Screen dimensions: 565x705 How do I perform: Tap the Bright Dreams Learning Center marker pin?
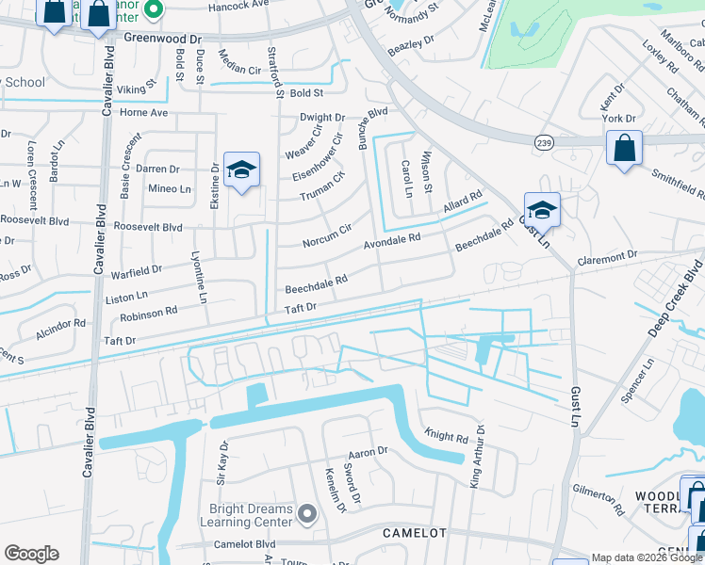[x=306, y=514]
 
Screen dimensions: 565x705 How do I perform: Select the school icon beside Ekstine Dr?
[x=241, y=170]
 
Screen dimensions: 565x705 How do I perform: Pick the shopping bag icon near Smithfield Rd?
[x=624, y=149]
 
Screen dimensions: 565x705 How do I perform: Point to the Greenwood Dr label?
[x=163, y=40]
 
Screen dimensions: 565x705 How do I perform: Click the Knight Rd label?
[x=446, y=438]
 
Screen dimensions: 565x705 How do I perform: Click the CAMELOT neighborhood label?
[x=413, y=533]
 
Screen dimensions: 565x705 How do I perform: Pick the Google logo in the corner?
[x=31, y=554]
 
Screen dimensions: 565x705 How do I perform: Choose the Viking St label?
[x=136, y=89]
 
